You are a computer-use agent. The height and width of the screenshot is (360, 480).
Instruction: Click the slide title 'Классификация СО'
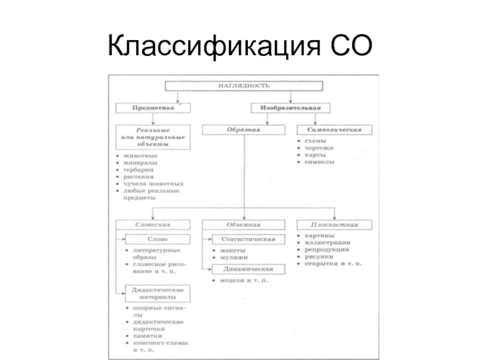tap(239, 46)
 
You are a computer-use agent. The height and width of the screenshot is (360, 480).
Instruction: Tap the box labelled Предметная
tap(153, 108)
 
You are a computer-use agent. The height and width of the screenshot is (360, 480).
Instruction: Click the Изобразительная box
tap(290, 108)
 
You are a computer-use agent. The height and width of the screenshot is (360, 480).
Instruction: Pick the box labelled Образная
tap(242, 130)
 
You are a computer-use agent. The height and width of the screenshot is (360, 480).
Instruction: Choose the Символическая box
tap(334, 130)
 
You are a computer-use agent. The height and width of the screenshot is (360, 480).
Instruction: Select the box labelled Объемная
tap(243, 224)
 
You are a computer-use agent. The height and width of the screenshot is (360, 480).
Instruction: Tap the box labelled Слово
tap(157, 239)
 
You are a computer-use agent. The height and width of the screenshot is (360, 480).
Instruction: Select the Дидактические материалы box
tap(157, 293)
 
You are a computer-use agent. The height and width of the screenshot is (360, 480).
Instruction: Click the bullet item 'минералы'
tap(141, 163)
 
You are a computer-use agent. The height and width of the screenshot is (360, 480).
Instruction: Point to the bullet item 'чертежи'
tap(319, 148)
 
